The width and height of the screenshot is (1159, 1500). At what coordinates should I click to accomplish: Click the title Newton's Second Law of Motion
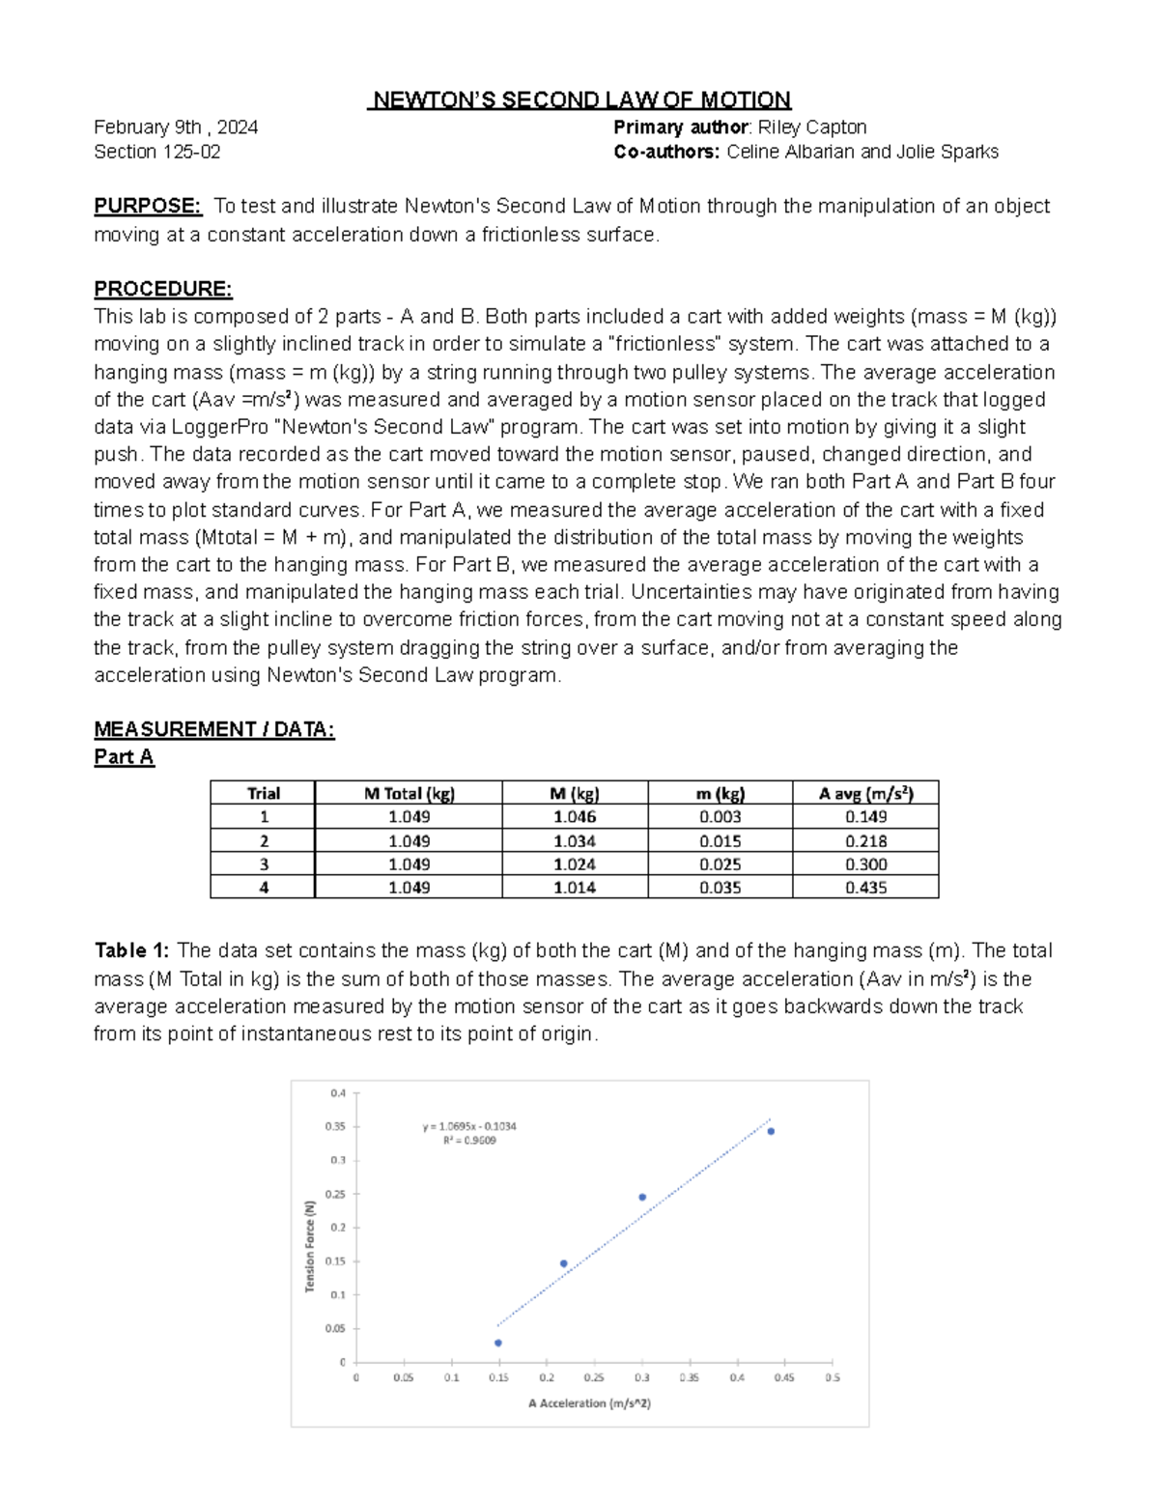[579, 99]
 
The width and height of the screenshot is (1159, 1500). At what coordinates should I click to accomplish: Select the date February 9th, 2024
[176, 127]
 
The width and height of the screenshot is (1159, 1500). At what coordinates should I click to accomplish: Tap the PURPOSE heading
[147, 206]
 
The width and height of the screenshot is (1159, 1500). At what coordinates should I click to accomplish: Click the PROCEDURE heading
[162, 289]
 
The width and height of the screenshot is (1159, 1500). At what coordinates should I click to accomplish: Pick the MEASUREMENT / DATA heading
[213, 729]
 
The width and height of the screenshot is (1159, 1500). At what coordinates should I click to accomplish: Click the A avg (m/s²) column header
[865, 793]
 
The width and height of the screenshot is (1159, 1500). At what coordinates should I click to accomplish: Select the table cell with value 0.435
[865, 887]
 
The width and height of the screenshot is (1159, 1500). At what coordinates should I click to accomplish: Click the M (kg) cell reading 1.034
[575, 840]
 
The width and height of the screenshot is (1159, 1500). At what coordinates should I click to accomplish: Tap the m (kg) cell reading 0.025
[720, 863]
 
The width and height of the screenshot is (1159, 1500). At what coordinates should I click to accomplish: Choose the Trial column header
[263, 793]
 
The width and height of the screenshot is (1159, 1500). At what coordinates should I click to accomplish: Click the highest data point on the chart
[771, 1131]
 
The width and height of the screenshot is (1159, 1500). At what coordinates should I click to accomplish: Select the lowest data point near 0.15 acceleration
[498, 1343]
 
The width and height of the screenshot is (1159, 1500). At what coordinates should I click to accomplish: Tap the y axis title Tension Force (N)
[310, 1246]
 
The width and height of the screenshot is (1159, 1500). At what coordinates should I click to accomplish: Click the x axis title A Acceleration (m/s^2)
[589, 1402]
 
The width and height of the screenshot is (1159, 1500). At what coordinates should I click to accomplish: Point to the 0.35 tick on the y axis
[335, 1126]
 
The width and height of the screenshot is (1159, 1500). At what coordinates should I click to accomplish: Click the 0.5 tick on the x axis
[832, 1377]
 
